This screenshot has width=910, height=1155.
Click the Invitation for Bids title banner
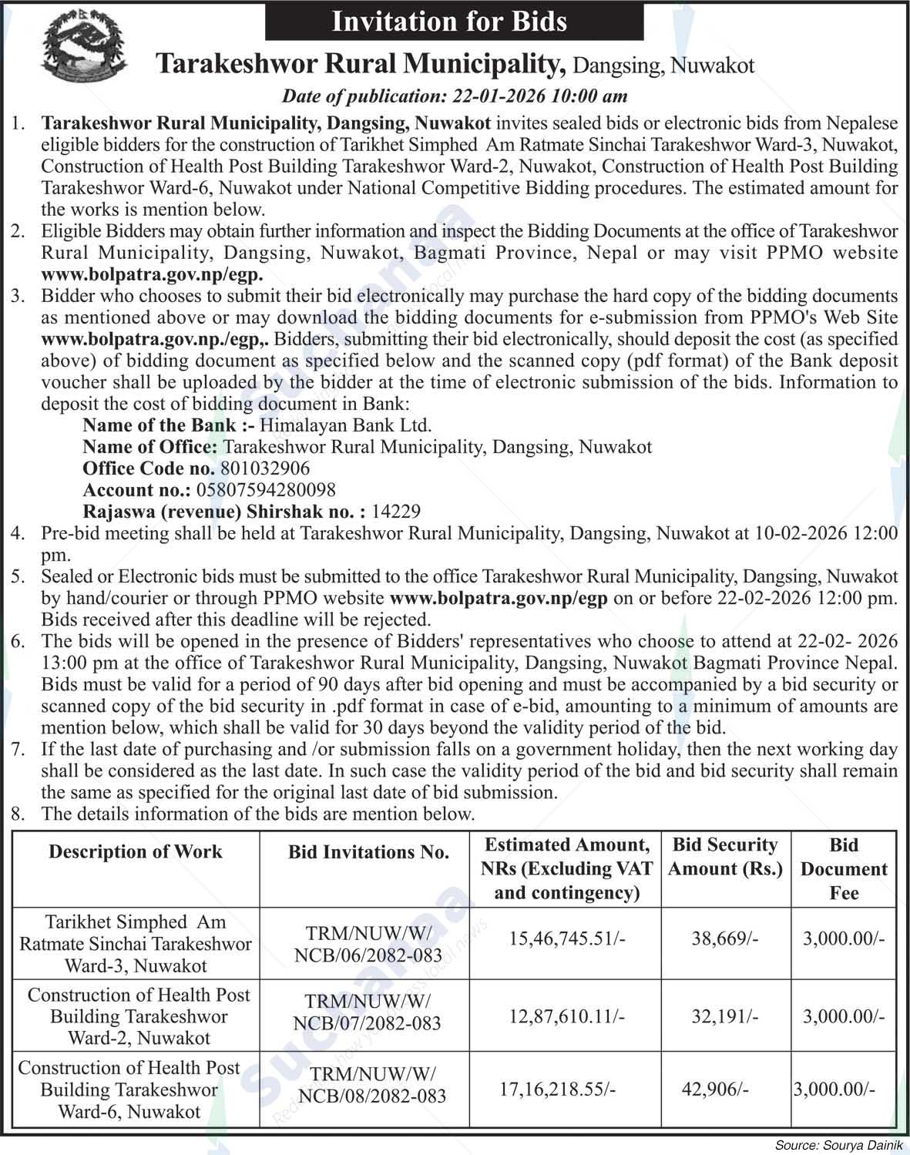[454, 21]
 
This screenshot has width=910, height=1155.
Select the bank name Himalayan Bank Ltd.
[345, 425]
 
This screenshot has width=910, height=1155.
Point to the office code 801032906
[265, 468]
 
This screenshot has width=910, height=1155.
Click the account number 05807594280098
[266, 490]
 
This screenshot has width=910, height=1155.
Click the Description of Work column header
[136, 851]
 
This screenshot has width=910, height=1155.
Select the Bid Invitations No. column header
[368, 852]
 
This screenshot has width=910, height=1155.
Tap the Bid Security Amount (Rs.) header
[725, 857]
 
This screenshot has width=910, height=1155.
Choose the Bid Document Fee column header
[844, 869]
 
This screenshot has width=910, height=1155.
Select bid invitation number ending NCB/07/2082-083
[368, 1012]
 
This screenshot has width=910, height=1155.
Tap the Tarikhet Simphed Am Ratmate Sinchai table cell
[136, 944]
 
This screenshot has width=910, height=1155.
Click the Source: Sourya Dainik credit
[839, 1146]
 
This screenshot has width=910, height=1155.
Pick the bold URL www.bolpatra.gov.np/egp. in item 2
[152, 274]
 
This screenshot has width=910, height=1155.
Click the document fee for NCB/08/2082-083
[834, 1090]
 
